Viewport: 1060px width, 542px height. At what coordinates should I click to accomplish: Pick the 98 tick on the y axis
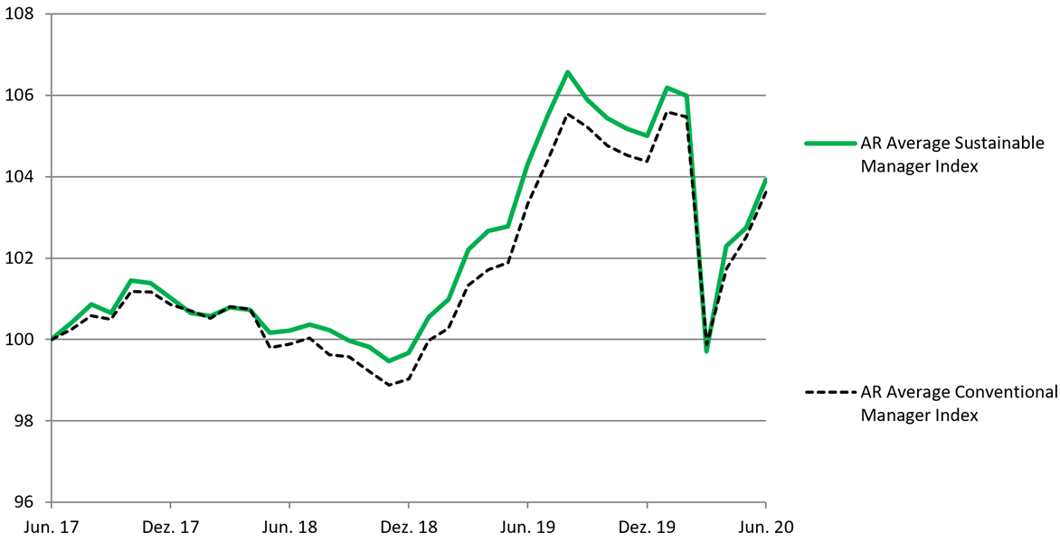(x=22, y=421)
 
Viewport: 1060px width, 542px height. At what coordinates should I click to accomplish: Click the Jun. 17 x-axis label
(x=52, y=526)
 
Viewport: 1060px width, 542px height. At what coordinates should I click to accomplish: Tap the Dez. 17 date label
(x=170, y=526)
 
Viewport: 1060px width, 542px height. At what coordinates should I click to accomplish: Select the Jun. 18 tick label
(x=289, y=526)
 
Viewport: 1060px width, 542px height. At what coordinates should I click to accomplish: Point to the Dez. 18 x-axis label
(x=408, y=526)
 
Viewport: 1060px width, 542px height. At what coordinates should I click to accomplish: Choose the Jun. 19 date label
(x=527, y=526)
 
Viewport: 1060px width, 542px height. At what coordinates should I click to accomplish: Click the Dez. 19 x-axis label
(x=647, y=526)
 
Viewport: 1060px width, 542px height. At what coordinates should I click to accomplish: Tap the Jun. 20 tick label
(x=765, y=526)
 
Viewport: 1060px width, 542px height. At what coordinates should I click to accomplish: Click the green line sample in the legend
(x=830, y=143)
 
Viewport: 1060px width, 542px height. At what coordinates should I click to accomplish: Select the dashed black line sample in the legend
(x=830, y=392)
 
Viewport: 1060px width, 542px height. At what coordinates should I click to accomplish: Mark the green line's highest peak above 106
(x=567, y=71)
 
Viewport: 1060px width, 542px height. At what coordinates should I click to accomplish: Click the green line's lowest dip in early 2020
(x=706, y=350)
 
